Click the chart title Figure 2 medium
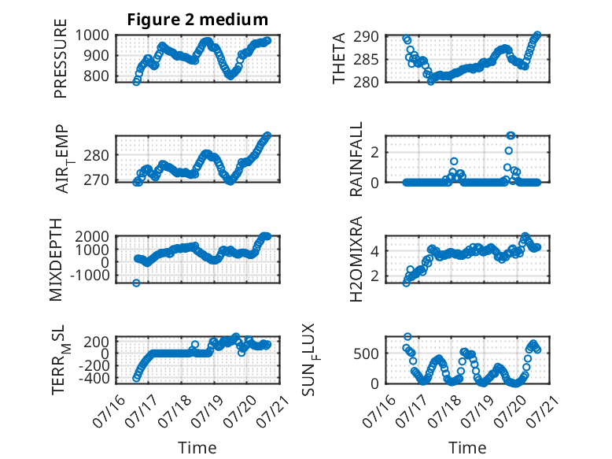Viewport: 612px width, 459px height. [x=197, y=20]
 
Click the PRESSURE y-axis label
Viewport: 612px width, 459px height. [x=61, y=58]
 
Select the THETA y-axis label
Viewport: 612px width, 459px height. [x=339, y=58]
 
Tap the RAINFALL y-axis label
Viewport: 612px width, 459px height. [x=356, y=159]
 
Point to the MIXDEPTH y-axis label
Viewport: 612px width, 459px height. [x=56, y=260]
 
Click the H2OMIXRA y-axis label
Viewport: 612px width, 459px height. [x=356, y=259]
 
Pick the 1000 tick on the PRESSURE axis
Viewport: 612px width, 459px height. [x=92, y=35]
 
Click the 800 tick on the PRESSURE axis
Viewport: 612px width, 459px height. [x=96, y=76]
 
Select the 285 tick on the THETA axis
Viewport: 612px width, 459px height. [x=366, y=60]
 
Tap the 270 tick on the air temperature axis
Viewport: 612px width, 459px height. [x=96, y=180]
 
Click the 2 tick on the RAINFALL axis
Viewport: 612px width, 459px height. [x=375, y=153]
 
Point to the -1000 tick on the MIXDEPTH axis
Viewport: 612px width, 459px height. [x=90, y=275]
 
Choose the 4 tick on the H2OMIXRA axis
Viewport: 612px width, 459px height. [x=375, y=250]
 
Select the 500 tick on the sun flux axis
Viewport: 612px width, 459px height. [x=366, y=354]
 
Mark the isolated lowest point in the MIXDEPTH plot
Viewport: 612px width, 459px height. [x=136, y=283]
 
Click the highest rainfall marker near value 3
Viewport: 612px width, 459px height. [x=510, y=135]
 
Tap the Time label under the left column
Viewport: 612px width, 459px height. [x=197, y=447]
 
